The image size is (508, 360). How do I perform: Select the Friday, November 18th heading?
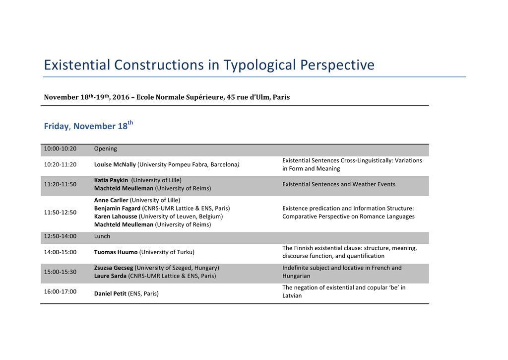88,126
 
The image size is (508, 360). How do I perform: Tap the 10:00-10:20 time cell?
60,148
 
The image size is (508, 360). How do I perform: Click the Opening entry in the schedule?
105,149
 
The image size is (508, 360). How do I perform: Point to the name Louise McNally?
115,164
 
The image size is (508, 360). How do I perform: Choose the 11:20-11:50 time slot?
60,184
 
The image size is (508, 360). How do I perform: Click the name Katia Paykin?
111,180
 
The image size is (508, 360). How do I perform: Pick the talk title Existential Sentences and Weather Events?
338,184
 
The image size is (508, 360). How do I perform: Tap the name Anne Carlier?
111,200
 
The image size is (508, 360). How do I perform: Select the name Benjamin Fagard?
117,208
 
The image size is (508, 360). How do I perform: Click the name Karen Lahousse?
116,216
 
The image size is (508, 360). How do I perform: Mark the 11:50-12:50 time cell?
60,213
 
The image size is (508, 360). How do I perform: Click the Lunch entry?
102,236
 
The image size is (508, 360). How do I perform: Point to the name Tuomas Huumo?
116,252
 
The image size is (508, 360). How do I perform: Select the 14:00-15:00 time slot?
60,252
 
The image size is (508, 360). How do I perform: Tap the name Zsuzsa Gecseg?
114,268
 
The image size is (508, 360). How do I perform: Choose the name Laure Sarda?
110,276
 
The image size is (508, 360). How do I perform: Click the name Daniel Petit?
110,293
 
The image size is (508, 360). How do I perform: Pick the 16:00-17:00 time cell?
60,291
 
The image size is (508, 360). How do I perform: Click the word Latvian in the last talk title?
292,295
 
